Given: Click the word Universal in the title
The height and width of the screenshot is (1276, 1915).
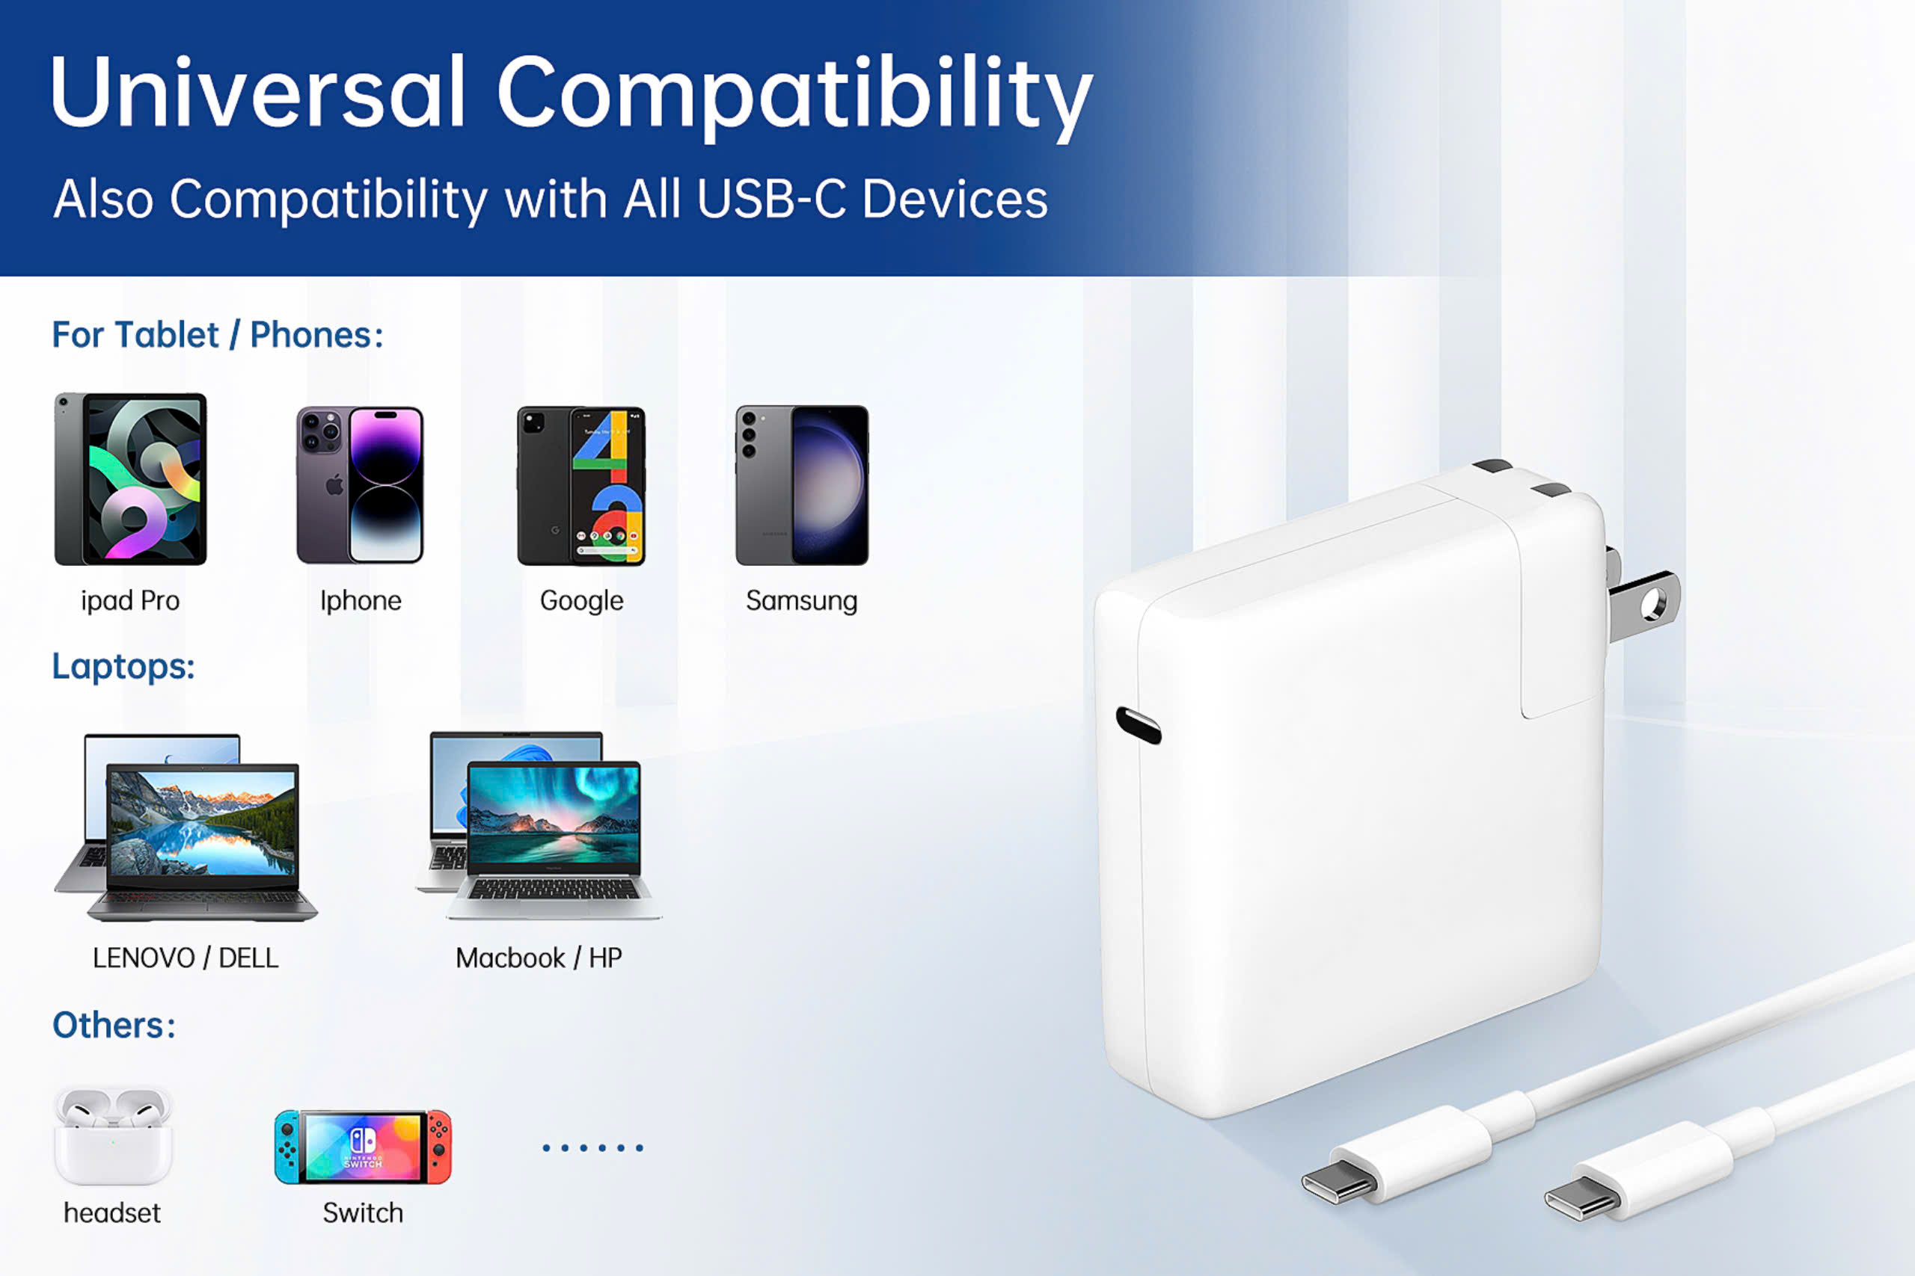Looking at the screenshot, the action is click(257, 92).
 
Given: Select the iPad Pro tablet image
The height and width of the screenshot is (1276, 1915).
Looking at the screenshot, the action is click(130, 478).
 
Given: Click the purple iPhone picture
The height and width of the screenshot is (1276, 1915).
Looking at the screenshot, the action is click(360, 485).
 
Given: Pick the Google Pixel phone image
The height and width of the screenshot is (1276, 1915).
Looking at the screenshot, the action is click(581, 486).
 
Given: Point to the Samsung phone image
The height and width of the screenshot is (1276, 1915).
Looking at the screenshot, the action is click(802, 485).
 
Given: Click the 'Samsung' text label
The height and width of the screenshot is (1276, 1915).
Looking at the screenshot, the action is click(802, 600).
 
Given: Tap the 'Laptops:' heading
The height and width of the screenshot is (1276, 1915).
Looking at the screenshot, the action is click(123, 667).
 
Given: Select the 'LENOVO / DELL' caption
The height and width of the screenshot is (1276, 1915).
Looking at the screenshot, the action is click(186, 958).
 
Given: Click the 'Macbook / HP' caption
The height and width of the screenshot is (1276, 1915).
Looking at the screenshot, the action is click(539, 958).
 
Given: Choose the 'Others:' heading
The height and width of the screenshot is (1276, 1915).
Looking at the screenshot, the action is click(114, 1026).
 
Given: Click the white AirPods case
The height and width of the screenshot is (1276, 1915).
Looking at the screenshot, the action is click(113, 1136).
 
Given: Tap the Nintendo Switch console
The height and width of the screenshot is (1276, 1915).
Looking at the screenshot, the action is click(363, 1147).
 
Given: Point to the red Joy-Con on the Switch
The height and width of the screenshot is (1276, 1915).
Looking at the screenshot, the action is click(439, 1147).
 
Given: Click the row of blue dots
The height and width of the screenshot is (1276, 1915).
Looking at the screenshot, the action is click(592, 1148).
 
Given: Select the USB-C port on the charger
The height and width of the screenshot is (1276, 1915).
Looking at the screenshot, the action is click(1139, 725).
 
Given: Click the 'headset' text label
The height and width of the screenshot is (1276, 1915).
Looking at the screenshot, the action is click(112, 1213).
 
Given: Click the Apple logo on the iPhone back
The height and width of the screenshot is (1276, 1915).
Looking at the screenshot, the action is click(334, 486).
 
